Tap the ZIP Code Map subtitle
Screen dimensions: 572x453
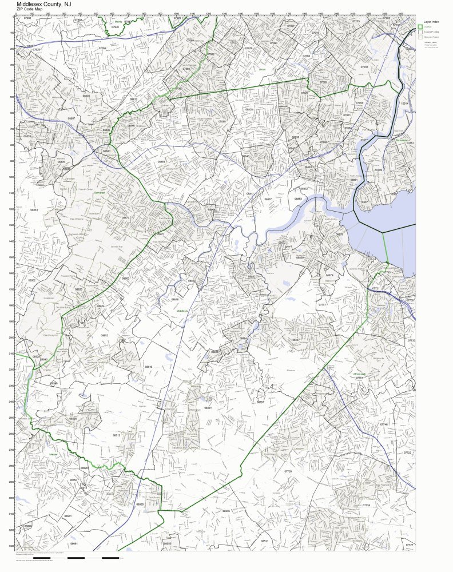click(30, 9)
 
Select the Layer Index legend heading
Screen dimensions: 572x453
click(431, 20)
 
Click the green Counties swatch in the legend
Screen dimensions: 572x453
click(419, 27)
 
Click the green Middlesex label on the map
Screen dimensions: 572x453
click(182, 311)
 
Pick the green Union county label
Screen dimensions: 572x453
click(263, 69)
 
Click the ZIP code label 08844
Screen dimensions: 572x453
click(34, 210)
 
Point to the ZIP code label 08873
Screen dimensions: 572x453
click(125, 217)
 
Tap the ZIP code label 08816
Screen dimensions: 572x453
click(174, 299)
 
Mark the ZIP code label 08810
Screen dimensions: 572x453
click(148, 366)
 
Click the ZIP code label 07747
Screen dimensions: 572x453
click(323, 305)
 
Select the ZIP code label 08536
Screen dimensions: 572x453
click(73, 419)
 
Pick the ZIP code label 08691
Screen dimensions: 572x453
click(73, 543)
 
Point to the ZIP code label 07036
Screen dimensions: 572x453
click(364, 67)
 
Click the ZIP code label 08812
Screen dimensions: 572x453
click(133, 100)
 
